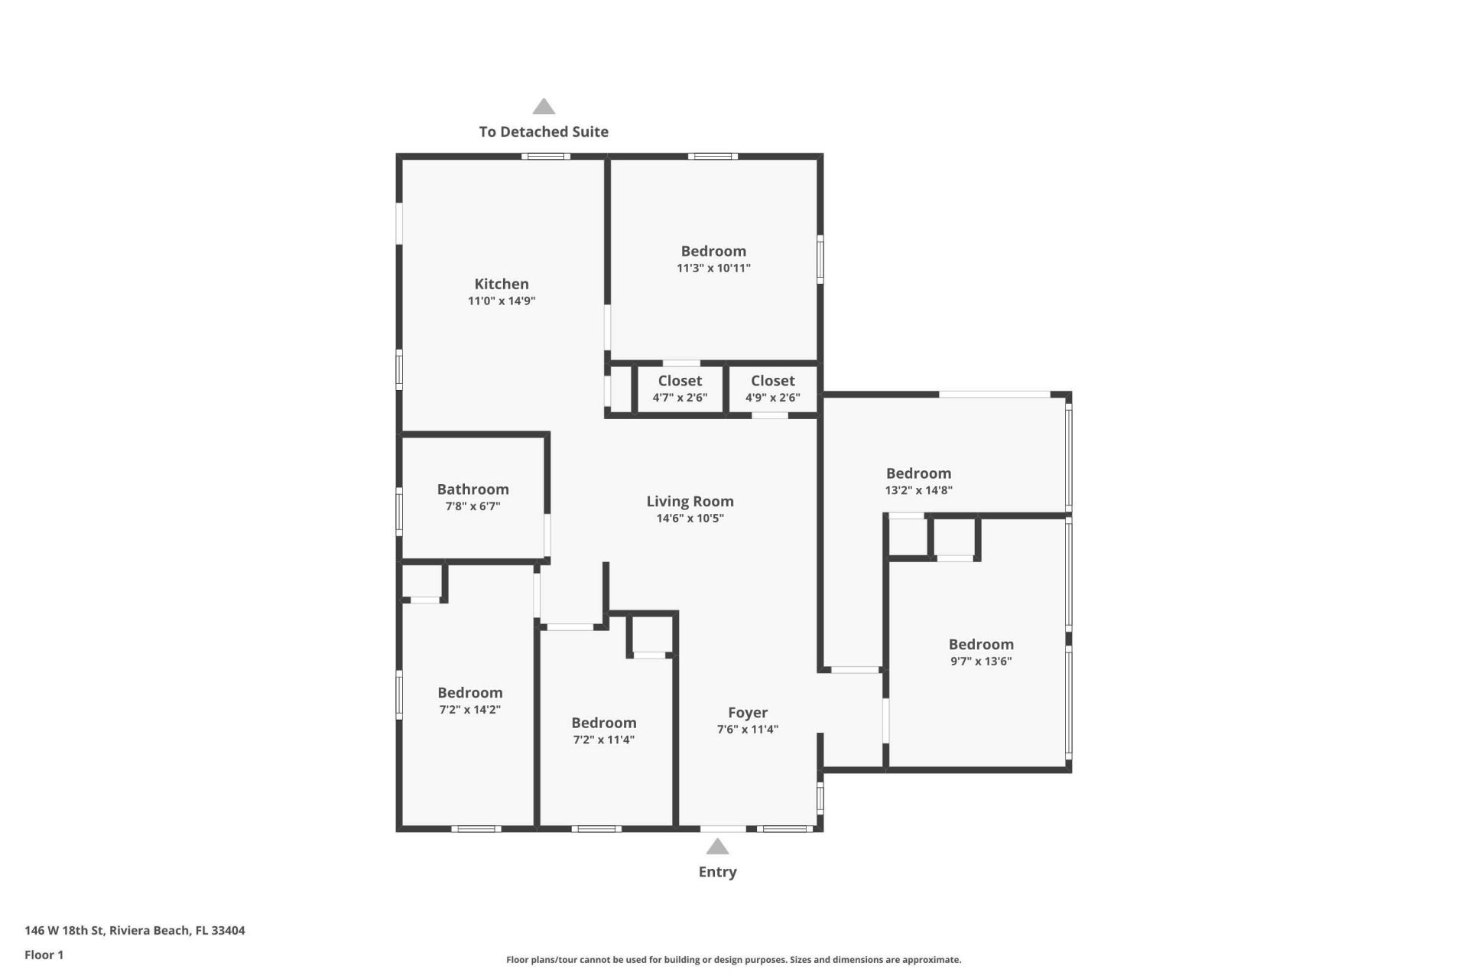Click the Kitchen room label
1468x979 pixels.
point(502,284)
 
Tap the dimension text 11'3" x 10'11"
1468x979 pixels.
point(713,268)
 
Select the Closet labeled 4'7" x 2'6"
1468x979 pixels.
point(680,381)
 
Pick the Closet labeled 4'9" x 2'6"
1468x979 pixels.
point(772,381)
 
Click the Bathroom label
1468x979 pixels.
point(473,489)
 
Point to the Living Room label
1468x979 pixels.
point(690,502)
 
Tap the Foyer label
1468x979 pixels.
point(747,713)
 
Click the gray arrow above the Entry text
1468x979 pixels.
point(717,847)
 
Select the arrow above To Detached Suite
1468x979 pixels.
point(544,106)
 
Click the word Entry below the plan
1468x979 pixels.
point(717,872)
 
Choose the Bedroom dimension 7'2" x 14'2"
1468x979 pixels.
point(469,710)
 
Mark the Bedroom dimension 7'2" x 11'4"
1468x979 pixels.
point(603,740)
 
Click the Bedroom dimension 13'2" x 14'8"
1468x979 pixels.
point(918,490)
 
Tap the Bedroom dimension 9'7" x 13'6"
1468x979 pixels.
point(981,662)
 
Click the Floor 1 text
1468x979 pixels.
point(44,955)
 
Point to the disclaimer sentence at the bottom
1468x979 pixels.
point(733,960)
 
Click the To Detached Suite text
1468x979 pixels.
point(544,132)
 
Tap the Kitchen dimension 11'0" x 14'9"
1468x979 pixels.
point(502,301)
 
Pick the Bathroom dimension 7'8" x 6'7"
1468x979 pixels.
point(473,506)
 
